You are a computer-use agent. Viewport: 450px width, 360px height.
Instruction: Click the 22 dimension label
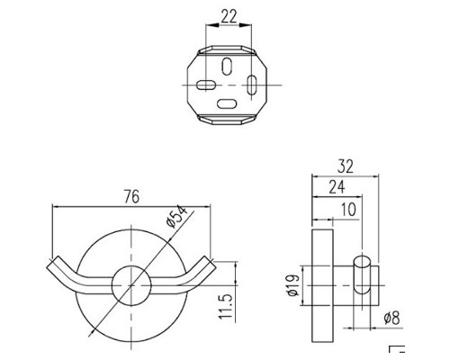tap(229, 16)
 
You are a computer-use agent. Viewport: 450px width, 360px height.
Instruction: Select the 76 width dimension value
tap(131, 197)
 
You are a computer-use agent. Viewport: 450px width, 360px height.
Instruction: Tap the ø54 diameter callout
tap(176, 217)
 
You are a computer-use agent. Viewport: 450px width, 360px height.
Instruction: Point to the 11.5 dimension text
tap(226, 306)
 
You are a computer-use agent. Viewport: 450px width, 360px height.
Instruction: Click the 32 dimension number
tap(346, 166)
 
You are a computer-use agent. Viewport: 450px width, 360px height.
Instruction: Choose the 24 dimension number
tap(337, 187)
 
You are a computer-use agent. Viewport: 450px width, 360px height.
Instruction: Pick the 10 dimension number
tap(348, 209)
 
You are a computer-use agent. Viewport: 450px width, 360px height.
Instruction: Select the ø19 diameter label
tap(293, 285)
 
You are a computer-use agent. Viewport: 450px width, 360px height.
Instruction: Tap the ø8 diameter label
tap(392, 318)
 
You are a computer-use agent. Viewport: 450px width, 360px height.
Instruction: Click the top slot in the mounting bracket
tap(228, 67)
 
